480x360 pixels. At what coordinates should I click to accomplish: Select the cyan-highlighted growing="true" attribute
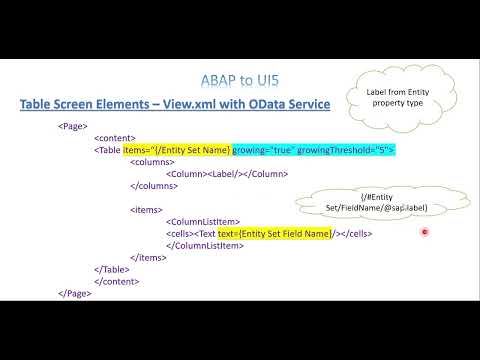[x=262, y=150]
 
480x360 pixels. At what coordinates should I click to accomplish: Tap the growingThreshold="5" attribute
[x=344, y=150]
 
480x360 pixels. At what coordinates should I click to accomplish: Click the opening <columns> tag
[x=153, y=162]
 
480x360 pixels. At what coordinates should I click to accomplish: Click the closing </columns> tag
[x=155, y=185]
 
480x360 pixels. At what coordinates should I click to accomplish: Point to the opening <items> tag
[x=146, y=209]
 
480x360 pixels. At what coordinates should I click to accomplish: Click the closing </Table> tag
[x=114, y=269]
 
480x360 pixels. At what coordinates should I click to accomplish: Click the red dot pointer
[x=425, y=232]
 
